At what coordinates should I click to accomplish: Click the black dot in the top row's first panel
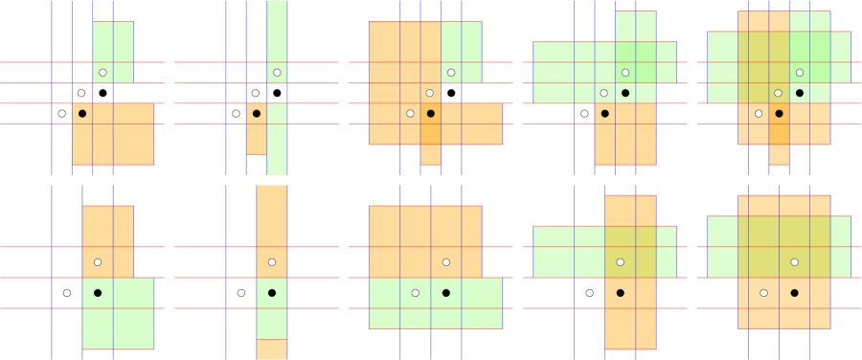82,114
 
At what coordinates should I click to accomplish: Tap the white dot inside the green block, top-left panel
102,73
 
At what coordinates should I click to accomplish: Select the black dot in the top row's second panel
256,114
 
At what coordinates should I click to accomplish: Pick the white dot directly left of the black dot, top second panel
236,114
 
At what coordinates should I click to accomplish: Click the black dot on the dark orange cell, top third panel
431,114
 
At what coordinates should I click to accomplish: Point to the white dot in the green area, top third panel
451,73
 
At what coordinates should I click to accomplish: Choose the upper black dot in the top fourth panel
625,93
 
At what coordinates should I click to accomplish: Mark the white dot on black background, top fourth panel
584,114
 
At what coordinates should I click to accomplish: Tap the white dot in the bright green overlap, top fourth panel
625,73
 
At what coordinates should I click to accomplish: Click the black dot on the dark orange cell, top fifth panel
780,114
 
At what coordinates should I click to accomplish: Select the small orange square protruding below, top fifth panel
779,155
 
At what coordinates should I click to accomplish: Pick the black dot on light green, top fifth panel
800,93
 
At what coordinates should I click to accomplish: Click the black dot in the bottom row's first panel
98,293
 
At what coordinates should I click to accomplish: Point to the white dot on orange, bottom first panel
98,262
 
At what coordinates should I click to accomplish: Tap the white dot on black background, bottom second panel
240,293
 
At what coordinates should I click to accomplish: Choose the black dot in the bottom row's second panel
272,293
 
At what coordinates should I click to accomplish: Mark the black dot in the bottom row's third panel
446,293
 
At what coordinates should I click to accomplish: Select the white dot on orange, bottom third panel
446,262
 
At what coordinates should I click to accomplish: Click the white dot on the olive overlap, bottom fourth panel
620,262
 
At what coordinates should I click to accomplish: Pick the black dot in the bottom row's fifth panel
795,293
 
